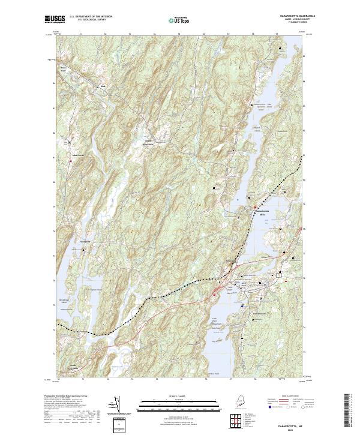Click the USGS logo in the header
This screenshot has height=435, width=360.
(55, 19)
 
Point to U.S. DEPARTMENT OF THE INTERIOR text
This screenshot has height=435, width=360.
(90, 17)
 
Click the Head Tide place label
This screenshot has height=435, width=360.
(62, 68)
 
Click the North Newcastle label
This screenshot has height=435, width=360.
(148, 143)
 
